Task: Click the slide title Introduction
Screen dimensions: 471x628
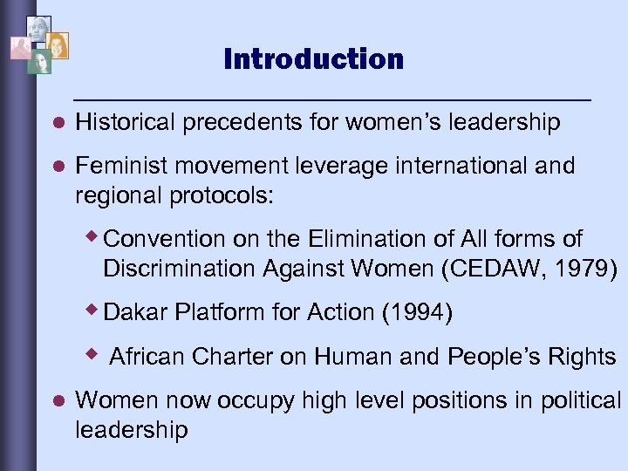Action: [313, 59]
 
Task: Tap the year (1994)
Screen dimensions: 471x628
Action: [417, 312]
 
